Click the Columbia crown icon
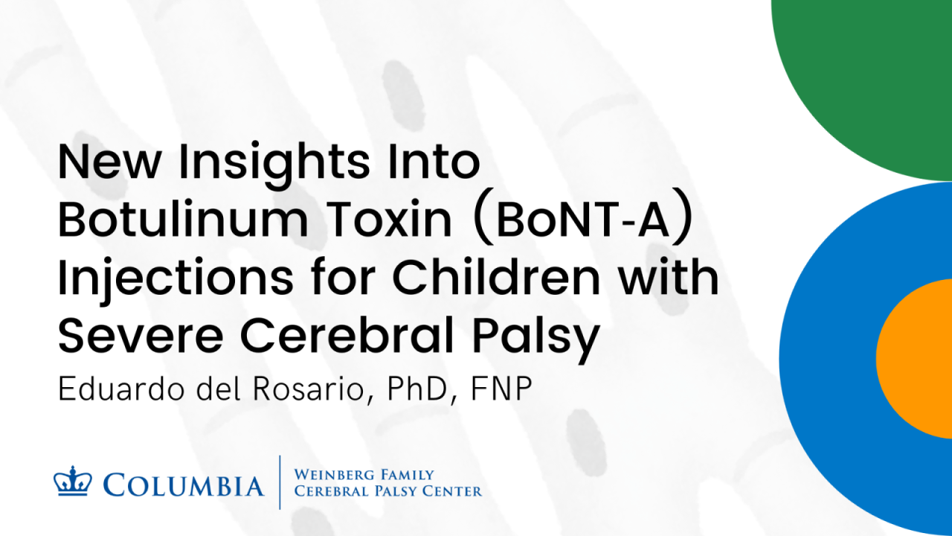(72, 482)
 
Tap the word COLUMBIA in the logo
(184, 485)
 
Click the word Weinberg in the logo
(333, 475)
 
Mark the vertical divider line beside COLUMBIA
(280, 482)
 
